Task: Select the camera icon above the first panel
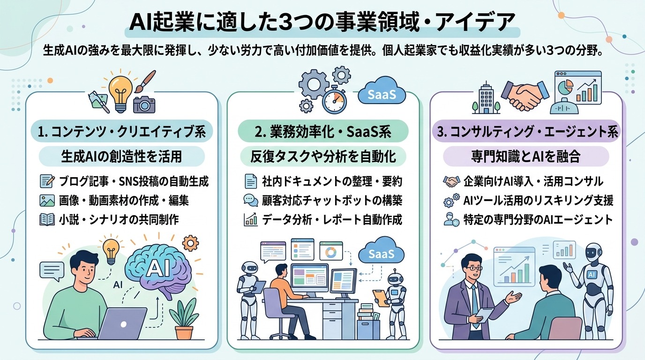[144, 104]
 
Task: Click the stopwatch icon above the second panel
[335, 99]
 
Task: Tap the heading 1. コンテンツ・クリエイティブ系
[122, 132]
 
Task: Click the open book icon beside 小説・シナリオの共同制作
[48, 219]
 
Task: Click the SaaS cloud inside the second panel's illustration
[380, 255]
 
